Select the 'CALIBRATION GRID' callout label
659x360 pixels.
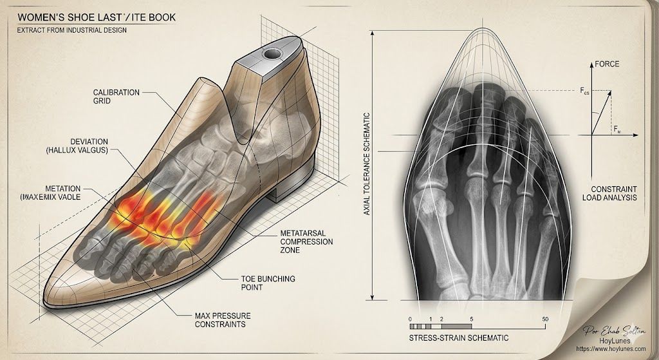point(116,97)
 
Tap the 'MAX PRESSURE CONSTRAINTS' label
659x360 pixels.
point(222,320)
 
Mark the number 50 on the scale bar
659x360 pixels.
point(545,319)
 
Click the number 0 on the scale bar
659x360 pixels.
point(410,319)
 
